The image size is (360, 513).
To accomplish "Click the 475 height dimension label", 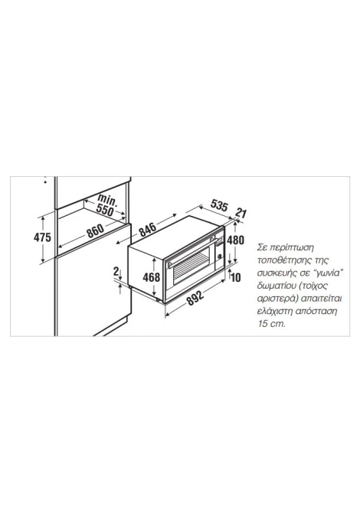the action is [43, 237].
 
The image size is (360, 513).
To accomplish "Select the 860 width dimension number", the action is [96, 230].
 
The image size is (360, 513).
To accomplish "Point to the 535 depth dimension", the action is [218, 205].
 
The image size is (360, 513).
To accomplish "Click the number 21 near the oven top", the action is [241, 214].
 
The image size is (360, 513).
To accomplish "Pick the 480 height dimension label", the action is [235, 240].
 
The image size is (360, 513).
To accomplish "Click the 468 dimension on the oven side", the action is [152, 277].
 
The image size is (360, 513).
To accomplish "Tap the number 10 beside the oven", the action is [236, 277].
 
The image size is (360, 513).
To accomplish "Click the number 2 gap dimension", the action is [116, 271].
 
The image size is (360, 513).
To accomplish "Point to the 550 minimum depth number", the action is [105, 210].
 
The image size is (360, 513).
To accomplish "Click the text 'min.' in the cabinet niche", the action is [107, 200].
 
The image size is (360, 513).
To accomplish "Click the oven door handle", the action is [191, 253].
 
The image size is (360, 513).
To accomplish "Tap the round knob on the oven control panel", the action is [220, 256].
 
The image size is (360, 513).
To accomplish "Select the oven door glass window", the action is [191, 266].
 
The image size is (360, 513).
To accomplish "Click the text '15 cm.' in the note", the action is [271, 324].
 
